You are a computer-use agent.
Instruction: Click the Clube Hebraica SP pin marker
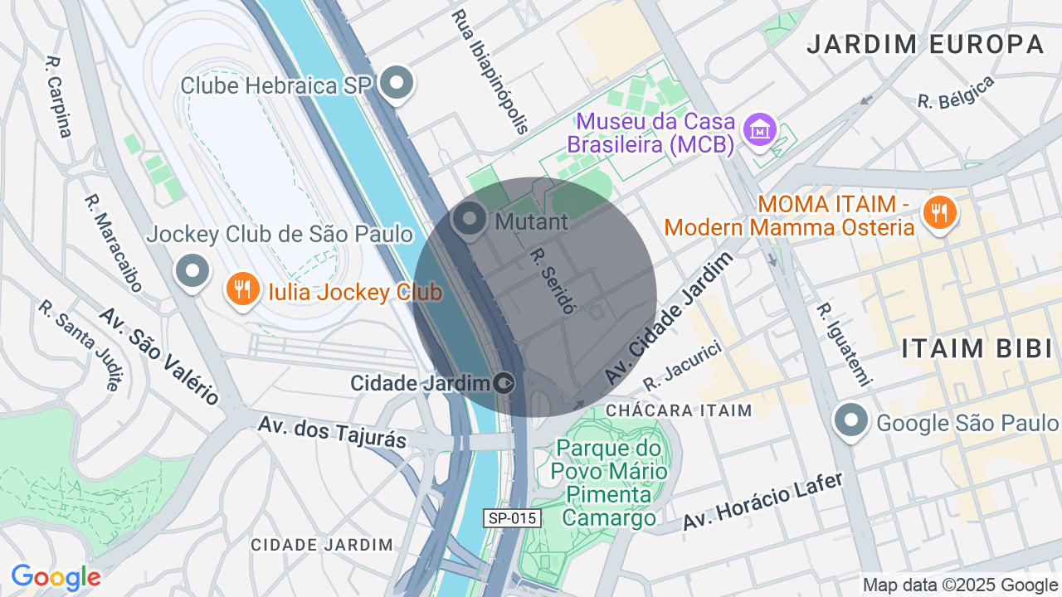397,82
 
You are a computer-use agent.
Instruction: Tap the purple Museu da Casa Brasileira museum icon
759,129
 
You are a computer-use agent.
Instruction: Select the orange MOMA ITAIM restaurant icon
939,212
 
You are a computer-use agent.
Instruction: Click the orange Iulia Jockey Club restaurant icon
241,289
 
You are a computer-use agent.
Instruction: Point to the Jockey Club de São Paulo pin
192,270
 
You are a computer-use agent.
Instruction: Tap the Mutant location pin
470,220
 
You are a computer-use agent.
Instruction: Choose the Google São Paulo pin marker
850,420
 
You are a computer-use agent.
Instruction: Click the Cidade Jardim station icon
504,383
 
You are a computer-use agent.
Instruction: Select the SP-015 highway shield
513,518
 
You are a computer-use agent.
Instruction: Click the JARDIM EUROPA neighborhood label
925,44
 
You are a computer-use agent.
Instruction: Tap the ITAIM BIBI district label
977,348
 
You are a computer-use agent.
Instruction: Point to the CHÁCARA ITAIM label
679,410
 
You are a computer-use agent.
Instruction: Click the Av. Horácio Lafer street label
762,502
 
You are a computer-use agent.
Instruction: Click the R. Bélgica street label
955,92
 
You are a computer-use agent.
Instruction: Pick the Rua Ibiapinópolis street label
490,71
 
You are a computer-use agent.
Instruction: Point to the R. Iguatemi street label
843,344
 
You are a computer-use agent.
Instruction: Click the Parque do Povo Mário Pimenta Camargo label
610,483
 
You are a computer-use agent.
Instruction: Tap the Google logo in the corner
56,577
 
